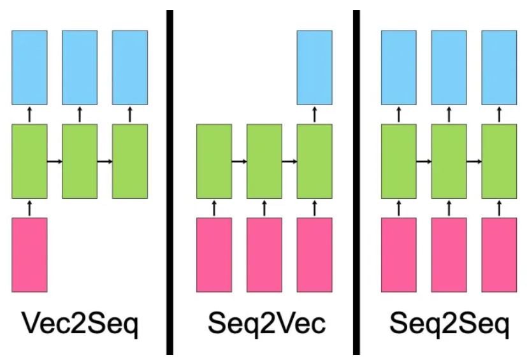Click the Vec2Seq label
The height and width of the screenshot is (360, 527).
pos(80,323)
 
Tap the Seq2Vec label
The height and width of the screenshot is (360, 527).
pos(267,323)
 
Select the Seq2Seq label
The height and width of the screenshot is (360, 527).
pos(449,323)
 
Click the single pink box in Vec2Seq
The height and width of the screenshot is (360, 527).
pos(29,255)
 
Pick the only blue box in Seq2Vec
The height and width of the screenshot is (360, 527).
pos(315,68)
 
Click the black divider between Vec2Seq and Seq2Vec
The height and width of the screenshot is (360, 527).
pos(170,182)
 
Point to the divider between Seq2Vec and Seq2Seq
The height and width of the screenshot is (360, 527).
pos(357,182)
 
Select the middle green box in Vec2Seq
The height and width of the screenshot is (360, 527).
pos(80,161)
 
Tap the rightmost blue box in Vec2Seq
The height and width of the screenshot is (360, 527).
pos(130,68)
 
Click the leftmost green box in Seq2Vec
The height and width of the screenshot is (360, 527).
pos(214,161)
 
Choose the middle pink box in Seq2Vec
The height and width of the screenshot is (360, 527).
pos(264,255)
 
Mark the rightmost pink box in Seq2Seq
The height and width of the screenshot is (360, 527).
pos(499,255)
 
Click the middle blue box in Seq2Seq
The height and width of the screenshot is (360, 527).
pos(449,68)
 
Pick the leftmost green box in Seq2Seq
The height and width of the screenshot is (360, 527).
pos(399,161)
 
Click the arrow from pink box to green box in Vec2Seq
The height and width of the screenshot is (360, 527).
pos(29,208)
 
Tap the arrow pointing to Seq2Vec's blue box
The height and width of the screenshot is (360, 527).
pos(315,115)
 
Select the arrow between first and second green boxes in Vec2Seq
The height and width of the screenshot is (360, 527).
pos(55,162)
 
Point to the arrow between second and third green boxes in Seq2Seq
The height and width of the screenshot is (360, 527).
pos(474,162)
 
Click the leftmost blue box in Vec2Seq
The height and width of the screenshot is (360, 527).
pos(29,68)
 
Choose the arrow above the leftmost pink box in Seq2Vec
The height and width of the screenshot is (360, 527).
pos(214,208)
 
